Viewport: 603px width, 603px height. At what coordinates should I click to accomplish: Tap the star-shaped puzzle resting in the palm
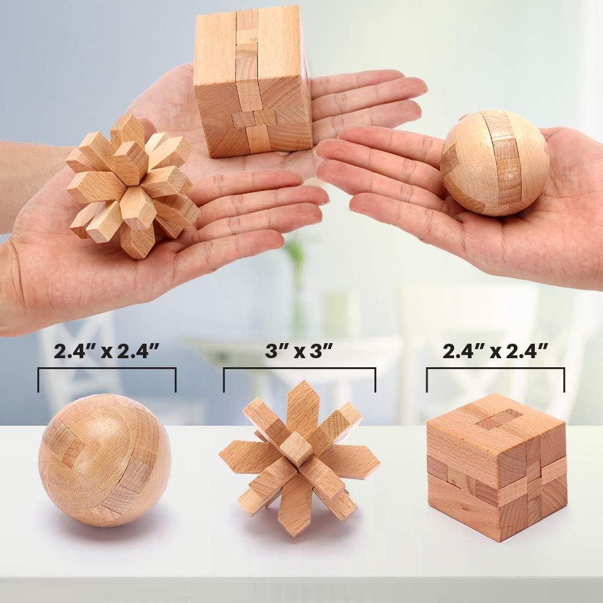tap(131, 184)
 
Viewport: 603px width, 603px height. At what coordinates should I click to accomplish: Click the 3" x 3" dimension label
tap(298, 353)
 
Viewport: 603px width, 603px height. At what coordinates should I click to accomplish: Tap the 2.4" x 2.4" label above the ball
tap(107, 353)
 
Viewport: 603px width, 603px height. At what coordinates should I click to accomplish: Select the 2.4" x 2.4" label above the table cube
tap(495, 353)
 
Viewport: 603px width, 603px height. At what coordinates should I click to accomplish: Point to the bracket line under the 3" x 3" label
tap(299, 370)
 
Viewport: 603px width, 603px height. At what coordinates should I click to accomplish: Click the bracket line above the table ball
tap(107, 368)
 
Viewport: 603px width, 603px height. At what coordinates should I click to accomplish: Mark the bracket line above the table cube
tap(495, 368)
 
